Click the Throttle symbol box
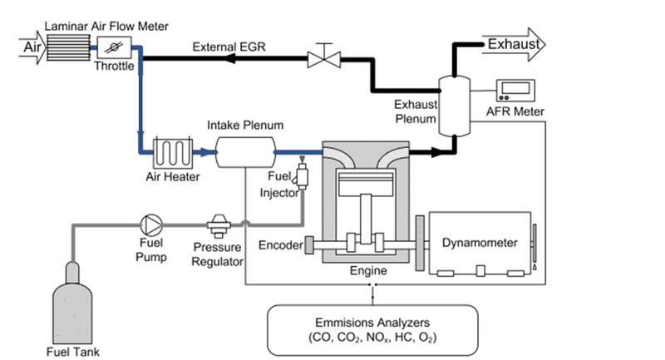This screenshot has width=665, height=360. click(x=110, y=48)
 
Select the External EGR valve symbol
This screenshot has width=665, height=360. click(x=320, y=58)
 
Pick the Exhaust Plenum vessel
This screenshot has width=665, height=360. click(x=452, y=104)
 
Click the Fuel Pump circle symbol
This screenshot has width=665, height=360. click(x=152, y=224)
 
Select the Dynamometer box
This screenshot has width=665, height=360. click(x=480, y=243)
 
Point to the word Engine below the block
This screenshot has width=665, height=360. click(x=367, y=271)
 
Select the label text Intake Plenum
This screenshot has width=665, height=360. click(x=245, y=126)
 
